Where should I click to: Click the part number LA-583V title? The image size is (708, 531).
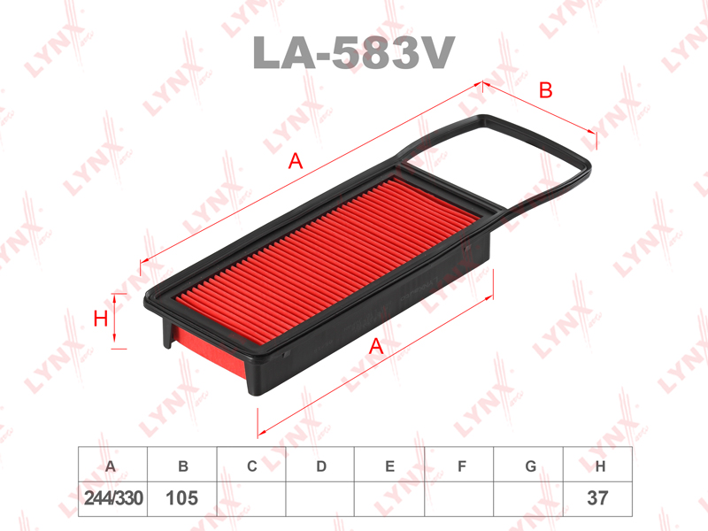(353, 52)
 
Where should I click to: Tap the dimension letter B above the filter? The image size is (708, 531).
(546, 90)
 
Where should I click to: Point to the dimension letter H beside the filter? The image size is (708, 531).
(100, 319)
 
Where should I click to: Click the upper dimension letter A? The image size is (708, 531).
(296, 161)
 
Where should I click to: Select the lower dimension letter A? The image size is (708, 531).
(376, 346)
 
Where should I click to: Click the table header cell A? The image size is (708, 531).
(112, 465)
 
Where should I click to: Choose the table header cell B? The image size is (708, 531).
(182, 465)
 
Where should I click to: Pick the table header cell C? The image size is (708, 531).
(251, 465)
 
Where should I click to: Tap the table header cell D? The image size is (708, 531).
(320, 465)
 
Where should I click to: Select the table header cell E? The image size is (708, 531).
(389, 465)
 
